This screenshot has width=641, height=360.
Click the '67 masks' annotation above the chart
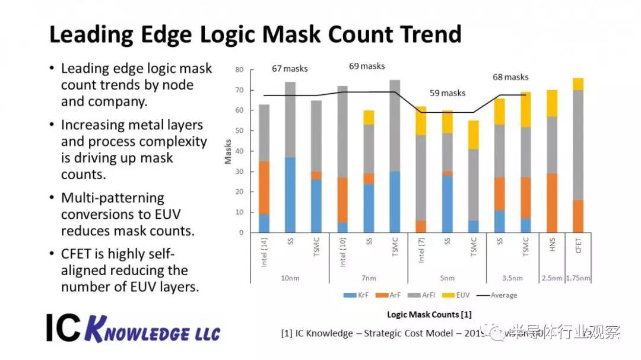coord(290,69)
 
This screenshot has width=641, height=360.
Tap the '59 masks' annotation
coord(448,93)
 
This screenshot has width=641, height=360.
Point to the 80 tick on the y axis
coord(239,69)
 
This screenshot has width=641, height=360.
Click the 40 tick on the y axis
coord(239,151)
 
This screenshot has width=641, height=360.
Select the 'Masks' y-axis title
coord(228,151)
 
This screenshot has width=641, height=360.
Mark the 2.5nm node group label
coord(552,277)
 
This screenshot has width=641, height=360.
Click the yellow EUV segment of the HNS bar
coord(552,103)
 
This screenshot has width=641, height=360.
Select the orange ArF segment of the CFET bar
coord(578,216)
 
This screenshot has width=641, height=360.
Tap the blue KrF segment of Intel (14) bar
coord(264,223)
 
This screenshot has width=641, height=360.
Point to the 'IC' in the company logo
coord(62,327)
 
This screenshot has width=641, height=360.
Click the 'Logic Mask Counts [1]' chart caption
coord(429,314)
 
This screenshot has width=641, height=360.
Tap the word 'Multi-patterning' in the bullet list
coord(113,197)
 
